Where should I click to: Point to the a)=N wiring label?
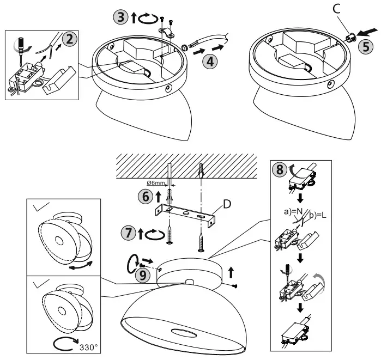[292, 210]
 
